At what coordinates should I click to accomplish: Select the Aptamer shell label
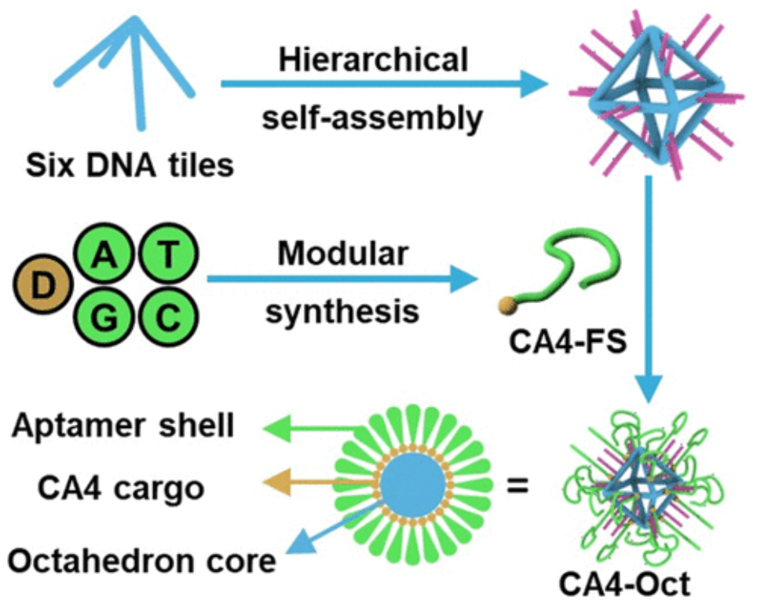(x=123, y=426)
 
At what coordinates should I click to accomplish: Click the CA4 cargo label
(x=120, y=488)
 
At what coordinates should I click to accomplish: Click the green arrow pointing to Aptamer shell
(x=310, y=429)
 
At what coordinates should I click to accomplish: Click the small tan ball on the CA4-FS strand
(x=505, y=303)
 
